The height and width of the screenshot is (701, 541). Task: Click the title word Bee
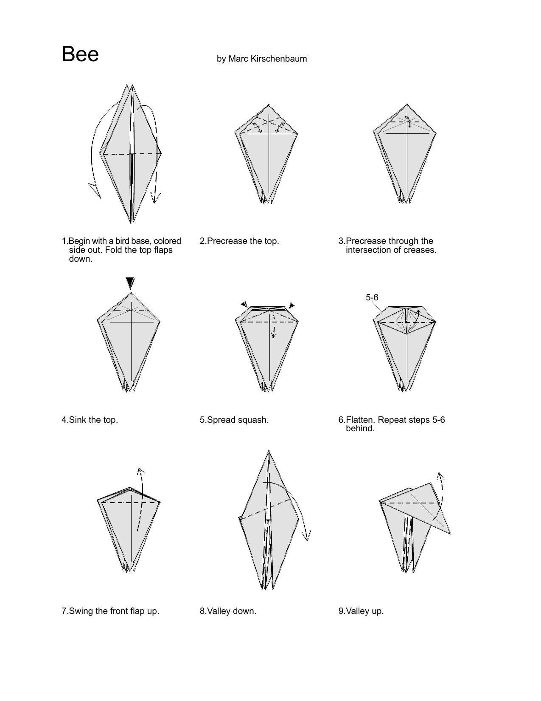(x=80, y=54)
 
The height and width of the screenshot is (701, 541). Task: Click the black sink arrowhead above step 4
(x=130, y=283)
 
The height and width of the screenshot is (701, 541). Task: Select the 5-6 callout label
(x=372, y=297)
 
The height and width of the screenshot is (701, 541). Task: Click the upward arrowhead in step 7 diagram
(x=140, y=472)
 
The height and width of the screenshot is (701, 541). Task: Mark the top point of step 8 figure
(x=269, y=450)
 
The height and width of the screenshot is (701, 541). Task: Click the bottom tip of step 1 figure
(x=131, y=223)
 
